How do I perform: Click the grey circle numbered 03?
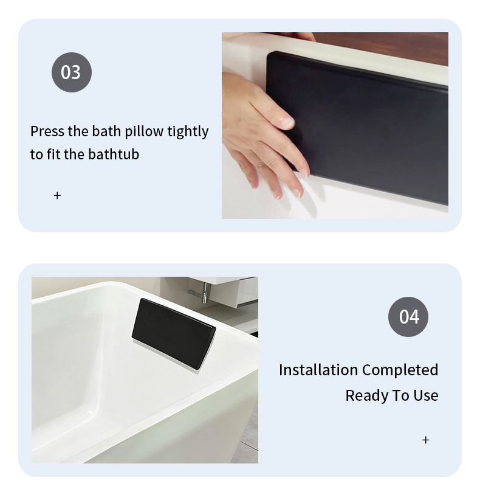click(72, 72)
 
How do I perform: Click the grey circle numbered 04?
click(408, 317)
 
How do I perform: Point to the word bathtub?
click(114, 154)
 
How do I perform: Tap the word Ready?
click(368, 396)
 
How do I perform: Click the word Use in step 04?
click(426, 395)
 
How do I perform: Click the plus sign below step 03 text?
click(57, 195)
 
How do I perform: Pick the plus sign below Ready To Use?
click(425, 440)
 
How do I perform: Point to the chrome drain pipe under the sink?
click(201, 294)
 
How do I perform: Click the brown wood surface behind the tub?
click(385, 46)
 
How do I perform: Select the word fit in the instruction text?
click(53, 154)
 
